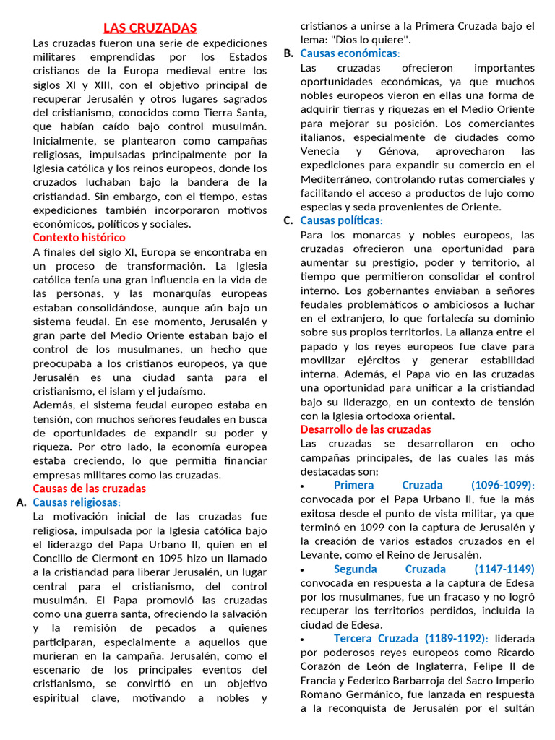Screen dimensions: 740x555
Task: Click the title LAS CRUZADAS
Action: [x=150, y=28]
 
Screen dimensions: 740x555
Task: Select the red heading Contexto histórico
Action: [x=79, y=238]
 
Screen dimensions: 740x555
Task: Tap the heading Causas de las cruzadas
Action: [x=89, y=489]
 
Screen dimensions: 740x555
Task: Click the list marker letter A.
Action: [x=20, y=502]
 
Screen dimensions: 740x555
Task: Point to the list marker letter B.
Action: [x=288, y=53]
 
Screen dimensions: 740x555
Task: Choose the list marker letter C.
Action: [x=288, y=220]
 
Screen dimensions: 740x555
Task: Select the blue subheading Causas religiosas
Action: [x=77, y=502]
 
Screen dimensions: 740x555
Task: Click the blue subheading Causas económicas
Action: [x=349, y=53]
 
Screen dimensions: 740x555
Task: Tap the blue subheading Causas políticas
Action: [x=341, y=220]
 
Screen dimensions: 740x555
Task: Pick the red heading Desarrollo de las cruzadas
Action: [x=365, y=429]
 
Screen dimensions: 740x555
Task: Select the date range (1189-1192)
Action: [x=452, y=638]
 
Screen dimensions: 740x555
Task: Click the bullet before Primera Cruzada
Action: [x=302, y=486]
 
